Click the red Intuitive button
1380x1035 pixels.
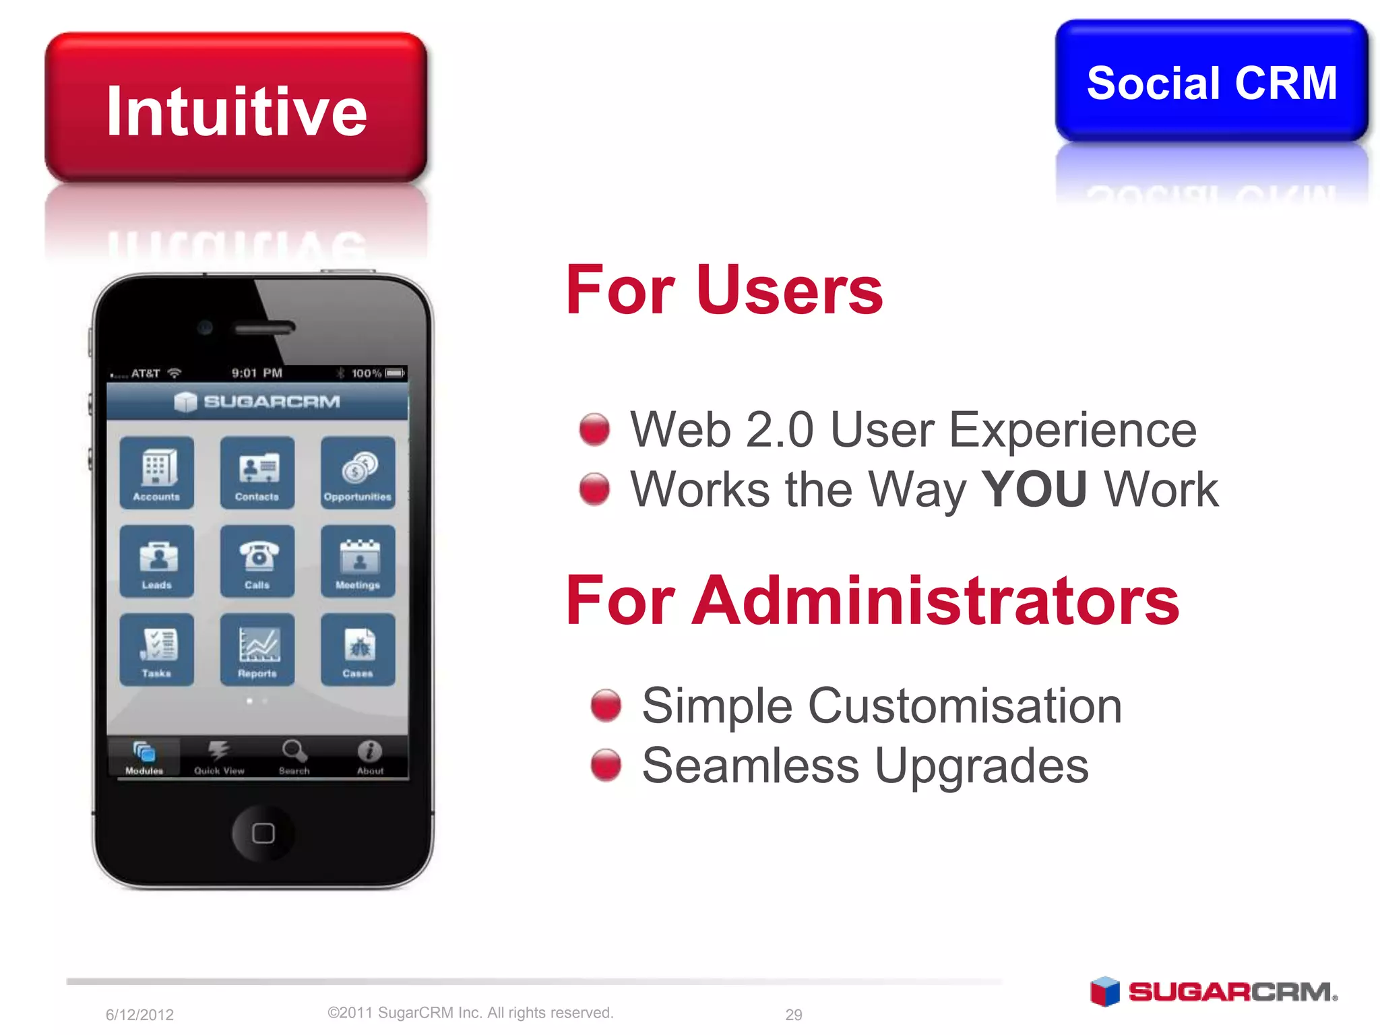point(236,108)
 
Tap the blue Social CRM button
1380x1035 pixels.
point(1211,82)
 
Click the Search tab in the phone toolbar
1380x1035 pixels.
point(294,757)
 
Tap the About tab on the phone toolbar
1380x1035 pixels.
point(370,757)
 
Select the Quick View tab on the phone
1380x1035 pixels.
point(219,757)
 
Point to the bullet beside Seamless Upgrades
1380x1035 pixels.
point(606,765)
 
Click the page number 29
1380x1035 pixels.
point(794,1014)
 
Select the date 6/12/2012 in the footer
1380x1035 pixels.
point(139,1014)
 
